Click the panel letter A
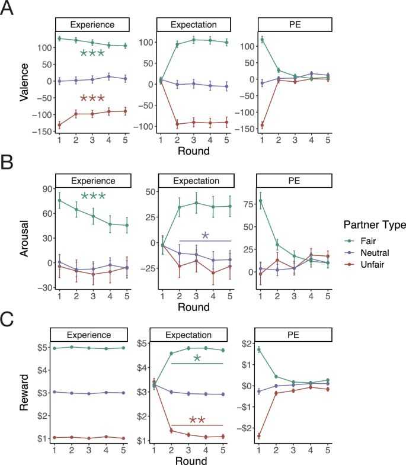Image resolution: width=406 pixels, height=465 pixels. (11, 11)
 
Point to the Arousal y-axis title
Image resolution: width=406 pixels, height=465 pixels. (24, 236)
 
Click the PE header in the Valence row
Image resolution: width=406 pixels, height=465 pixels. (295, 25)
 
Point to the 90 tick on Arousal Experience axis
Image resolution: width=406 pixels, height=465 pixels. (41, 188)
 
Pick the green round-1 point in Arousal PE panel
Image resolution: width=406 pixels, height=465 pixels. (261, 200)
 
